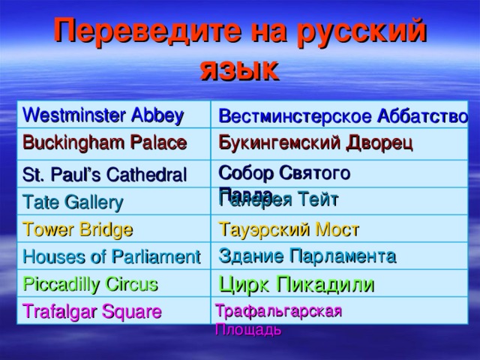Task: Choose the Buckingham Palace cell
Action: click(x=104, y=142)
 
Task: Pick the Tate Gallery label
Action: click(x=73, y=202)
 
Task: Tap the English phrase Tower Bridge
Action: click(x=78, y=229)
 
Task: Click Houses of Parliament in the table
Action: click(x=111, y=256)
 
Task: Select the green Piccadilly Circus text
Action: click(x=90, y=284)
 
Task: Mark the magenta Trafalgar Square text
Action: click(x=91, y=311)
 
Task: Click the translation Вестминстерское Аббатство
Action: click(x=343, y=116)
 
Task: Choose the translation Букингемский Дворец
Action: click(x=315, y=142)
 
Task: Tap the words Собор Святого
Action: click(x=284, y=172)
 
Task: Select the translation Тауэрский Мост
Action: click(x=289, y=228)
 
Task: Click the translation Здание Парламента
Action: click(x=307, y=256)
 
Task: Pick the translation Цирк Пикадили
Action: click(x=297, y=284)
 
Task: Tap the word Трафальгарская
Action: click(x=278, y=311)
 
